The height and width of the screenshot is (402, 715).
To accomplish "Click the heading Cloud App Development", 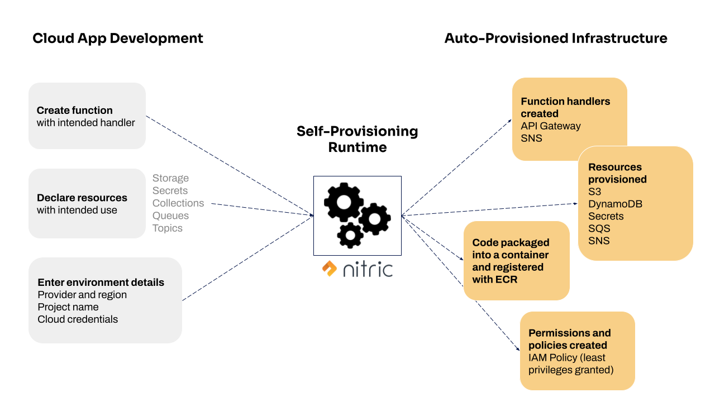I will pyautogui.click(x=118, y=38).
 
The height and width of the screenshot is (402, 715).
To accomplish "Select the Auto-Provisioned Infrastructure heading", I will pyautogui.click(x=555, y=38).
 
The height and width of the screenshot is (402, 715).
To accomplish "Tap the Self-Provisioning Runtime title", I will pyautogui.click(x=357, y=139).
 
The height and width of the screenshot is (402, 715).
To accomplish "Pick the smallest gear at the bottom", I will pyautogui.click(x=350, y=235).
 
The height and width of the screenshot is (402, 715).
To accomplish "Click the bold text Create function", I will pyautogui.click(x=74, y=111).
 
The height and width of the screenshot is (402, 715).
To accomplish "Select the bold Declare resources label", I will pyautogui.click(x=82, y=198).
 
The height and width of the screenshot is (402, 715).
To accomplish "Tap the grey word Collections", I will pyautogui.click(x=178, y=203).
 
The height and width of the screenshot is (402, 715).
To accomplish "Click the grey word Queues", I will pyautogui.click(x=170, y=216).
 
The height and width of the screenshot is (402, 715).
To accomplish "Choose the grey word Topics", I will pyautogui.click(x=167, y=228).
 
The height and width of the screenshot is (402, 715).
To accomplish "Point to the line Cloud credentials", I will pyautogui.click(x=78, y=319).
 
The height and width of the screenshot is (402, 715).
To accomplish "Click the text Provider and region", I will pyautogui.click(x=82, y=295).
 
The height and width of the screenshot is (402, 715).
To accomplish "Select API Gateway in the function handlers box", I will pyautogui.click(x=550, y=126).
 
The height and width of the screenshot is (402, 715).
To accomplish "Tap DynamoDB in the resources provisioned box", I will pyautogui.click(x=615, y=204).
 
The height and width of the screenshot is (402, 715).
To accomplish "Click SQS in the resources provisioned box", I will pyautogui.click(x=599, y=228).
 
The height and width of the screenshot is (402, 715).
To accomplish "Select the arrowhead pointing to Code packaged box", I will pyautogui.click(x=461, y=259).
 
